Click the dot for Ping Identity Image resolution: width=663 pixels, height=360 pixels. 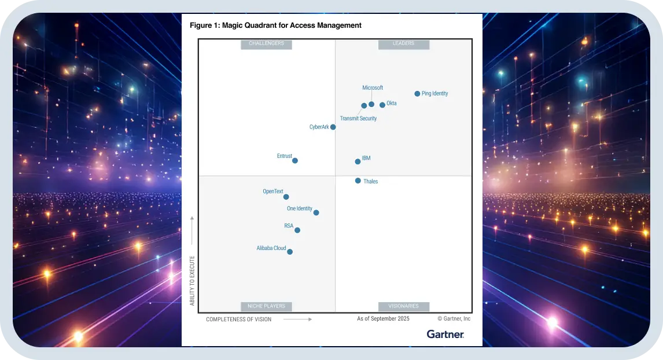click(x=417, y=94)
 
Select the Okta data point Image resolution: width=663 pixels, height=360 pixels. click(x=382, y=105)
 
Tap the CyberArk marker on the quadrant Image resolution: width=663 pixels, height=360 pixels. click(x=333, y=127)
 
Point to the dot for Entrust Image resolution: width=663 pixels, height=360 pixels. click(x=295, y=160)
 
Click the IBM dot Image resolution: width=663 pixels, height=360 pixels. click(x=358, y=161)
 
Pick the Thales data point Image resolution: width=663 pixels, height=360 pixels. click(x=358, y=181)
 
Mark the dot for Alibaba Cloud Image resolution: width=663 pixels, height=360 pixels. click(x=290, y=252)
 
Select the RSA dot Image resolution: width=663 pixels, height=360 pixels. click(x=297, y=230)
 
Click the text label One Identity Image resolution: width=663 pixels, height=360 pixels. click(x=300, y=208)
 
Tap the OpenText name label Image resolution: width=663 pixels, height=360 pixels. click(x=273, y=191)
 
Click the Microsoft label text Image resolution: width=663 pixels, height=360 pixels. click(x=373, y=88)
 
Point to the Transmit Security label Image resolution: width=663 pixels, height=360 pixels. click(x=358, y=119)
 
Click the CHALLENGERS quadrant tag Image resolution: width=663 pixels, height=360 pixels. click(x=266, y=43)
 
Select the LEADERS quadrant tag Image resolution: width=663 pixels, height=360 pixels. click(x=403, y=43)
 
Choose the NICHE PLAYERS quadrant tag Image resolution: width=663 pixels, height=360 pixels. click(x=266, y=306)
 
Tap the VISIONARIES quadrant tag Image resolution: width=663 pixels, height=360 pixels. click(x=403, y=306)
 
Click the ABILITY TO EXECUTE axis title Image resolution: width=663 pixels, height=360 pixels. click(x=192, y=280)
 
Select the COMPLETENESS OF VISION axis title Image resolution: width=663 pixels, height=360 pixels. click(x=238, y=319)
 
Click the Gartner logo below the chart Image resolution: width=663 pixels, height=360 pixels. click(x=445, y=335)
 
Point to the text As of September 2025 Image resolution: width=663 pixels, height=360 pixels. click(x=383, y=319)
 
